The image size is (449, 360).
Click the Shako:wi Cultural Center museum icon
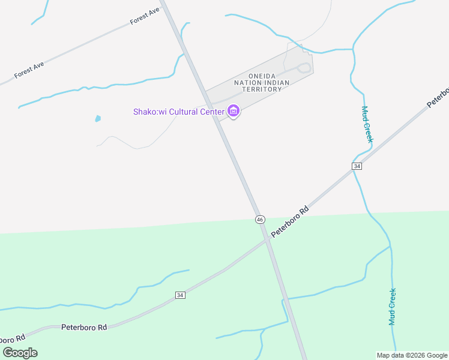(234, 112)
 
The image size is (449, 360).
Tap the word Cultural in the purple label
(184, 112)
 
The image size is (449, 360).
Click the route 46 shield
(259, 220)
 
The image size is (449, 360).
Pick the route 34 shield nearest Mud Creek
(357, 166)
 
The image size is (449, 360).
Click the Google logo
(20, 353)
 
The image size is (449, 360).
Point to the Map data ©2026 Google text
(412, 355)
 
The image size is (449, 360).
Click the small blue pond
(97, 119)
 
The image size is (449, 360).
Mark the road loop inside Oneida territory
(306, 67)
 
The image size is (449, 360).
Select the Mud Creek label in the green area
(393, 307)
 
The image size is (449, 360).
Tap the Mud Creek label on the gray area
(367, 124)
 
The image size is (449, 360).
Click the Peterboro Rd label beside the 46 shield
(290, 221)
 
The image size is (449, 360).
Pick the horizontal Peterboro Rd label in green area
(84, 328)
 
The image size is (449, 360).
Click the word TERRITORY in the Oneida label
(262, 89)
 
